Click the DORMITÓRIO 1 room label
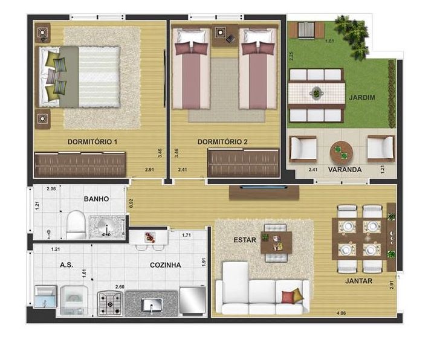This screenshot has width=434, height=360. (92, 142)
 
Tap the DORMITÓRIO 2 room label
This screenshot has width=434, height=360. (222, 142)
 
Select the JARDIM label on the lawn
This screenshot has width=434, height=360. (361, 97)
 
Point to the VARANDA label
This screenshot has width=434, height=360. (345, 170)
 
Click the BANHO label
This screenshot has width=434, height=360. (96, 199)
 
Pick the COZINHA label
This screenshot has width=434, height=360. (165, 265)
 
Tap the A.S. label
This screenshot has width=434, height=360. (66, 265)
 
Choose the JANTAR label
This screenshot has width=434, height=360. (358, 281)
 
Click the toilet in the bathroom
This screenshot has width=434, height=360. (76, 225)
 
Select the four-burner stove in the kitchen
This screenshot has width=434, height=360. (110, 304)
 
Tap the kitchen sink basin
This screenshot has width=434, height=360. (151, 305)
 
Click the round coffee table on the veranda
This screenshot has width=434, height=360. (342, 153)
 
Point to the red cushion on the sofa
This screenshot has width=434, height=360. (288, 298)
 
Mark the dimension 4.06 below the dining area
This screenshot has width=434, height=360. (342, 313)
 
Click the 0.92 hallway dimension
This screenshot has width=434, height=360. (132, 203)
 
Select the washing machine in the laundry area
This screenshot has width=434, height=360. (74, 301)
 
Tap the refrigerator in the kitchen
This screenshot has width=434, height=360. (193, 301)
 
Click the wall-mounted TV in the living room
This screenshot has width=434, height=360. (264, 188)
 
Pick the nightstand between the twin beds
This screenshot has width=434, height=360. (225, 35)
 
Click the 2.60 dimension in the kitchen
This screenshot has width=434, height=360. (120, 287)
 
